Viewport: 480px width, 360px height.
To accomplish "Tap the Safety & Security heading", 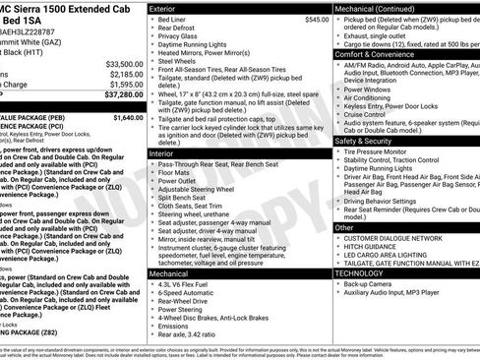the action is (368, 141).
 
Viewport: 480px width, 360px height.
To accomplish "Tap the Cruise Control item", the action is (369, 114).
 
